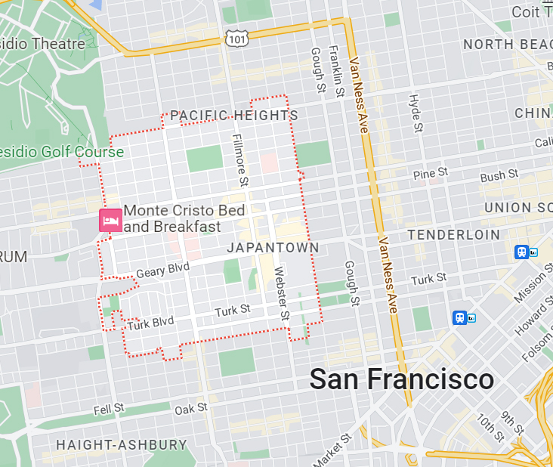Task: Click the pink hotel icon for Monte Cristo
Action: (x=110, y=220)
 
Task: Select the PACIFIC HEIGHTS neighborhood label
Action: (x=234, y=116)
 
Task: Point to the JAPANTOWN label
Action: (x=273, y=248)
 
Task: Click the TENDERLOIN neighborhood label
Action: (x=453, y=235)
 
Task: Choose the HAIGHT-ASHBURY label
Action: (x=121, y=444)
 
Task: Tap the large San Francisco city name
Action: (x=402, y=379)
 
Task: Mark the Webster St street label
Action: (x=281, y=293)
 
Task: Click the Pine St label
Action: (x=431, y=175)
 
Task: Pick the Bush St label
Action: (x=499, y=175)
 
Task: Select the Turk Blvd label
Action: (x=150, y=323)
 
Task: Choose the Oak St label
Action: (x=190, y=408)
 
